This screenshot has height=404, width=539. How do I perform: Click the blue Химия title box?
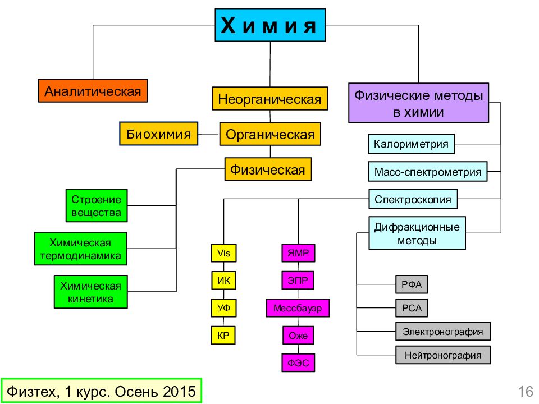click(270, 25)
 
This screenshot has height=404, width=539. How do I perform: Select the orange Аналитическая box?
click(93, 91)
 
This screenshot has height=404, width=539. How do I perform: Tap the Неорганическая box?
click(270, 99)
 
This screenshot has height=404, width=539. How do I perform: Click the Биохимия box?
click(158, 134)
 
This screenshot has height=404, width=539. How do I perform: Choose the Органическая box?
click(270, 134)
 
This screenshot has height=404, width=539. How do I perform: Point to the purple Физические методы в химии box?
click(418, 103)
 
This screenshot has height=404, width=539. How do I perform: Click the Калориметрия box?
click(411, 144)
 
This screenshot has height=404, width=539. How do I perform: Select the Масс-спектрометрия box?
click(428, 172)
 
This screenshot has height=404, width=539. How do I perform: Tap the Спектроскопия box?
click(413, 199)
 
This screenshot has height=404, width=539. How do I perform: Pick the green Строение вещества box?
click(97, 205)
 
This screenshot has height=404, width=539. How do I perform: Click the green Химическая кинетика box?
click(91, 292)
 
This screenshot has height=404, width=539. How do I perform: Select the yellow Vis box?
click(224, 253)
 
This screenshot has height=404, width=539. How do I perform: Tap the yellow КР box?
click(223, 336)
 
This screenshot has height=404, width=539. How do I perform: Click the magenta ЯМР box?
click(298, 253)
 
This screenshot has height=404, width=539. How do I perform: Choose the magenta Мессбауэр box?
click(298, 308)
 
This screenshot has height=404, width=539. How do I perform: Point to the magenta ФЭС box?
click(298, 363)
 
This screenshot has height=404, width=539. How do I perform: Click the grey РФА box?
click(412, 284)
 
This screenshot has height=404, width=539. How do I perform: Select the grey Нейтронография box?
click(443, 355)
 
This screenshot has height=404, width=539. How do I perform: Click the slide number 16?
click(526, 392)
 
